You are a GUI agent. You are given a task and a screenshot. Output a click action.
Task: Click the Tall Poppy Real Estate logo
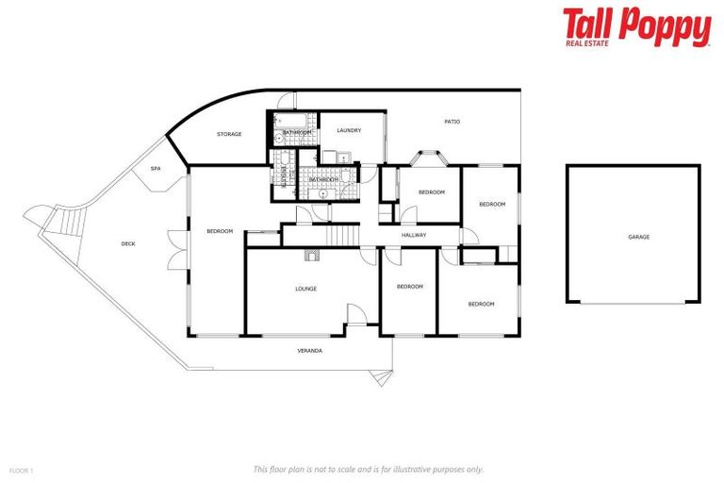point(636,27)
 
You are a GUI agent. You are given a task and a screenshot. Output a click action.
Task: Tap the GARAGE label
point(638,237)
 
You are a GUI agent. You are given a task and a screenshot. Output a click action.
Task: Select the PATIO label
point(452,122)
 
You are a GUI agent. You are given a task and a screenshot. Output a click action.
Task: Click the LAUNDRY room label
point(349,130)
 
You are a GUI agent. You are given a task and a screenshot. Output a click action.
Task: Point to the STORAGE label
point(229,134)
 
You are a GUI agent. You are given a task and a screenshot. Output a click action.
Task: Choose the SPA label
point(156,169)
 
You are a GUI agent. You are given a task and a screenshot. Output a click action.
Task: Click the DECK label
point(128,243)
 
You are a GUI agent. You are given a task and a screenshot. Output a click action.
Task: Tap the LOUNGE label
point(305,289)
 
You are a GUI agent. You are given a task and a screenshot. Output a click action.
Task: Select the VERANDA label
point(309,350)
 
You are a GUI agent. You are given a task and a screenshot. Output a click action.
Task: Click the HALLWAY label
point(414,235)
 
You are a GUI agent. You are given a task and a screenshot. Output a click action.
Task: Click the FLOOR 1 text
point(21,470)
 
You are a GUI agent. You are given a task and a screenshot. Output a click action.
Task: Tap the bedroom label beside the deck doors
point(220,230)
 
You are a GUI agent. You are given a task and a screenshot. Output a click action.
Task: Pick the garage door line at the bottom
point(633,303)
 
